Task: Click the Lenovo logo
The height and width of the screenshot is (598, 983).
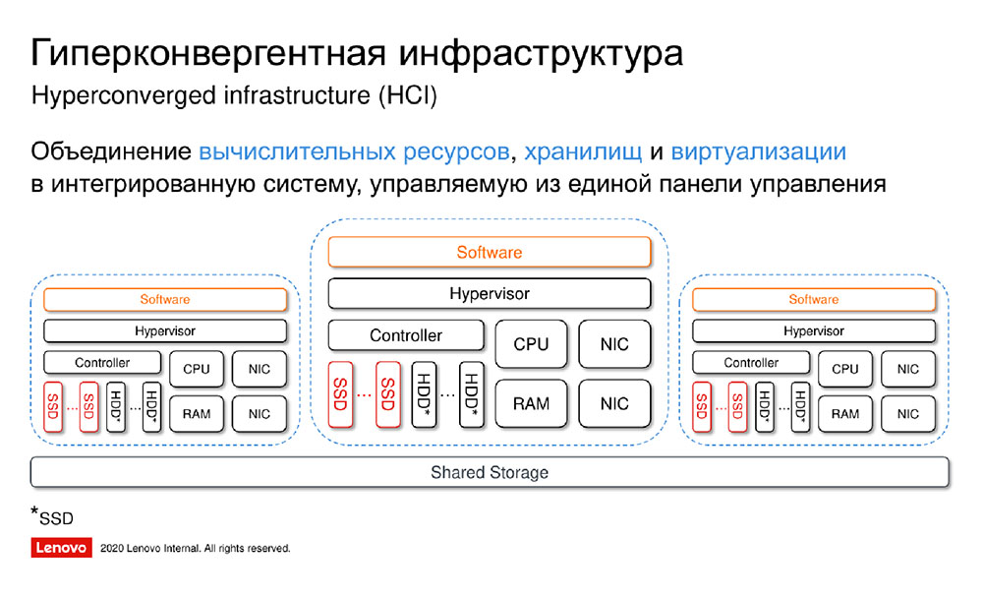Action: [x=61, y=547]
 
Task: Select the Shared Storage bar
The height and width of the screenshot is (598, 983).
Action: [x=490, y=472]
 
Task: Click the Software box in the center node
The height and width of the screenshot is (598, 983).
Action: [x=490, y=252]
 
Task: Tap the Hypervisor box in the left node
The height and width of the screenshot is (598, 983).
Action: [x=165, y=330]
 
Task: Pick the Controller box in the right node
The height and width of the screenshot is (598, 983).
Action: [x=751, y=362]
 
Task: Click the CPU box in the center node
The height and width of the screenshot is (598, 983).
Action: [x=531, y=344]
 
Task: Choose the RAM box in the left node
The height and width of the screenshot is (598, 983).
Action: [x=197, y=413]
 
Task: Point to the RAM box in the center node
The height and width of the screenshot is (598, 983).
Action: [x=531, y=403]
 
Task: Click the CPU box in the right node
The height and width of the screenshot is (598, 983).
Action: [x=845, y=369]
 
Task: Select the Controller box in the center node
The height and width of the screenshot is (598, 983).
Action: [x=406, y=335]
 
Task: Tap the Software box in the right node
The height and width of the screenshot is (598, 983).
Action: [x=814, y=299]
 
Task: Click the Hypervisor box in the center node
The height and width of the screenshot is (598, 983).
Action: [x=490, y=294]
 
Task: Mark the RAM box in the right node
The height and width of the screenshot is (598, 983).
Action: [x=845, y=413]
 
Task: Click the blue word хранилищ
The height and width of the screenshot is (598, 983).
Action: [x=583, y=151]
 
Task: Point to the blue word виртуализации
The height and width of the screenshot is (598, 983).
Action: [x=759, y=151]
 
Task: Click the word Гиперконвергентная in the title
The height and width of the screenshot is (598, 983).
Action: [x=207, y=53]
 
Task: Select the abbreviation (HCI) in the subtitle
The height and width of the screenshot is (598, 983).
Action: [x=408, y=95]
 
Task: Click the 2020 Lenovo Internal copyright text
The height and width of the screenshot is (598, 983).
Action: [x=195, y=548]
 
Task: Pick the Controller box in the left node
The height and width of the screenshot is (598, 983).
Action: [x=102, y=362]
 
